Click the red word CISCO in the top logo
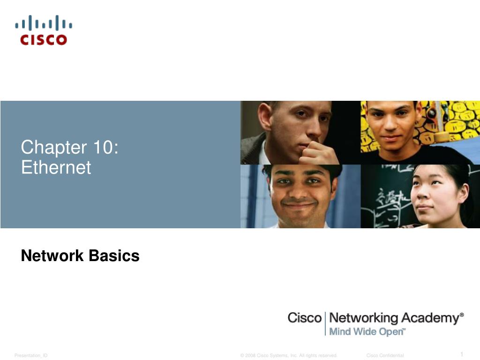(x=44, y=40)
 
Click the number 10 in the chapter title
(x=104, y=147)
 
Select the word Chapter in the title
(x=54, y=147)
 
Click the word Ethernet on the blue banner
(x=56, y=167)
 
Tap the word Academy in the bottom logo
(x=430, y=318)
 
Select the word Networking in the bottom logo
(x=364, y=318)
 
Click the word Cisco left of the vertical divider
(x=304, y=318)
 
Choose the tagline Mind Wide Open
(x=366, y=332)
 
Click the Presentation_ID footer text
(x=31, y=355)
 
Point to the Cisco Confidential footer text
(x=385, y=355)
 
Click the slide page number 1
(x=462, y=354)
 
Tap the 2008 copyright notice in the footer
(x=288, y=355)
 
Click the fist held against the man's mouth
(x=318, y=153)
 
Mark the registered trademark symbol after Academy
(x=462, y=315)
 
